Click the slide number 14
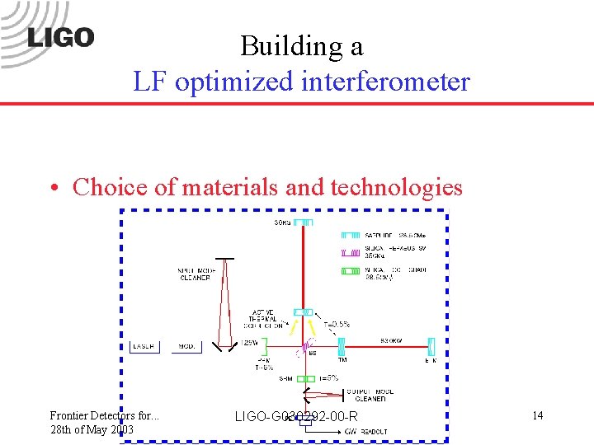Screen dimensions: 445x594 [x=537, y=415]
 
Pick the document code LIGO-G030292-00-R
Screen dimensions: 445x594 [x=296, y=417]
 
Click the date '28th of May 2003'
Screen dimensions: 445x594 [x=92, y=429]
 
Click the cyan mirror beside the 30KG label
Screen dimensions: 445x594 [x=304, y=222]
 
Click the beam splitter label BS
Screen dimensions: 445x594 [x=313, y=354]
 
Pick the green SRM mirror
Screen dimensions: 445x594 [x=304, y=378]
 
